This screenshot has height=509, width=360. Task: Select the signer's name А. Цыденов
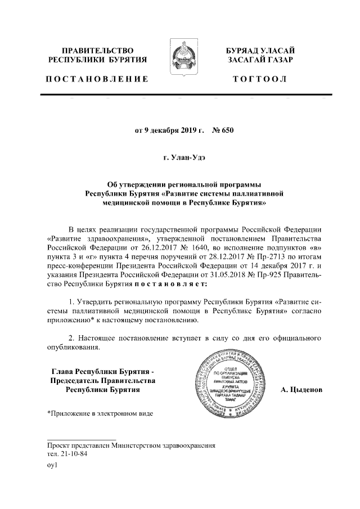pyautogui.click(x=301, y=389)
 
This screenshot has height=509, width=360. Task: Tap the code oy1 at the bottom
pyautogui.click(x=52, y=466)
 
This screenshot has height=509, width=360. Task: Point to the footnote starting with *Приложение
pyautogui.click(x=99, y=414)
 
